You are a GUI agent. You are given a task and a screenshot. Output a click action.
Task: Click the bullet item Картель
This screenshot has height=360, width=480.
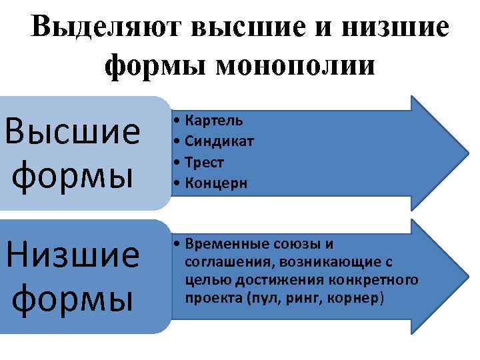[x=213, y=121]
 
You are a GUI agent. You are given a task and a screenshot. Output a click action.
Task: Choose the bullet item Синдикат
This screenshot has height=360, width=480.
[x=219, y=141]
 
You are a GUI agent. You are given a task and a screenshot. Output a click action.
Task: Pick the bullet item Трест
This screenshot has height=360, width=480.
[x=204, y=163]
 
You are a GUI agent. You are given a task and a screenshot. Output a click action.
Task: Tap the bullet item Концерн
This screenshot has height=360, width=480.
[x=216, y=183]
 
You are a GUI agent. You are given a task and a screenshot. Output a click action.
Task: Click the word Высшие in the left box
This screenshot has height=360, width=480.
[x=72, y=133]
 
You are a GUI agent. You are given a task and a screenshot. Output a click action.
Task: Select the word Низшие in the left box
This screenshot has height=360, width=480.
[x=72, y=255]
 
